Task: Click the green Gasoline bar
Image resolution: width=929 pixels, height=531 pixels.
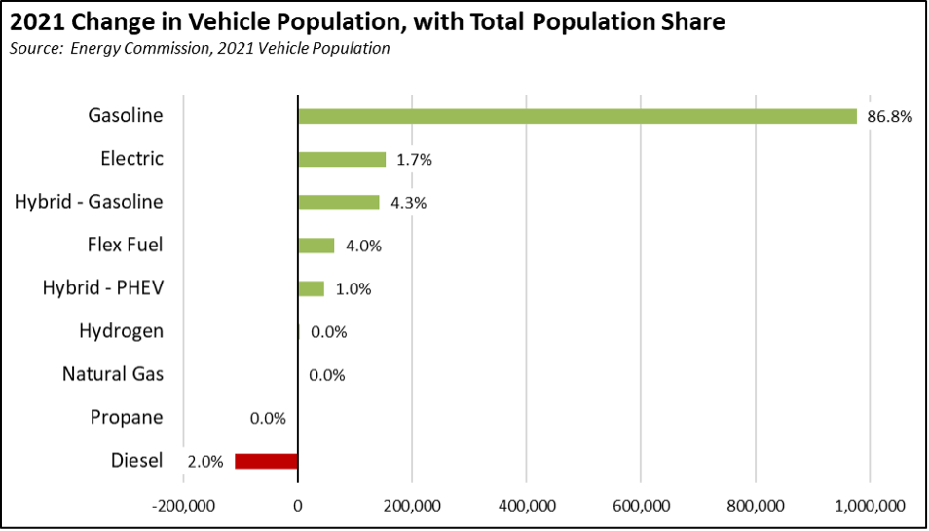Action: pos(576,116)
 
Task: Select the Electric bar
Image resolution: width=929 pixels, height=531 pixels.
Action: pos(342,159)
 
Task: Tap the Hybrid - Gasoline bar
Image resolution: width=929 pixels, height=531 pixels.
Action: pos(338,203)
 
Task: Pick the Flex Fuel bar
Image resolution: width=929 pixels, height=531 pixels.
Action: pos(316,246)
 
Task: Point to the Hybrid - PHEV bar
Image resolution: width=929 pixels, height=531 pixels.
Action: pos(311,288)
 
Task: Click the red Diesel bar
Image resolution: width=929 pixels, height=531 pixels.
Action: pos(266,461)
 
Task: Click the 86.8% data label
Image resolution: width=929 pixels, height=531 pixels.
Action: pos(889,117)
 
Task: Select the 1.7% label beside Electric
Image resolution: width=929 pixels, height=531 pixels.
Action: pos(413,160)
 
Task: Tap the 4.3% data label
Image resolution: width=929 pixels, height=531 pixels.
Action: pos(407,203)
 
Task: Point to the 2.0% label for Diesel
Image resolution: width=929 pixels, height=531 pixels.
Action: pos(206,462)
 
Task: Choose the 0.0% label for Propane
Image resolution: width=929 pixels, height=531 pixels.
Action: pos(268,418)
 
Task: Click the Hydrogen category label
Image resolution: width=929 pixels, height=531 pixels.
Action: pos(121,331)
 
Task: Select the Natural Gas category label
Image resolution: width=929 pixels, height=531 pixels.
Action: pos(113,374)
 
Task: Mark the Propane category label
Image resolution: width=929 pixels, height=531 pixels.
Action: pos(127,418)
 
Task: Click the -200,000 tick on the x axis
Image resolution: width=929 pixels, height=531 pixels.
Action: pos(181,505)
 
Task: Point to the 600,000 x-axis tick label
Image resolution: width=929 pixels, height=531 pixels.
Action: pos(640,505)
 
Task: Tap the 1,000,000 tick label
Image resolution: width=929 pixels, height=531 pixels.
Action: pos(868,505)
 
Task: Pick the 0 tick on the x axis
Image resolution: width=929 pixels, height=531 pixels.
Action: pos(297,505)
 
